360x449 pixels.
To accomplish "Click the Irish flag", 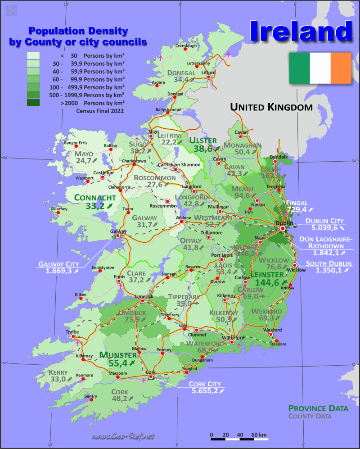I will [x=320, y=68].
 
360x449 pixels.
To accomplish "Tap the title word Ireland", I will [x=301, y=32].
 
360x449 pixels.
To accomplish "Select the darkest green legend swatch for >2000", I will [x=33, y=103].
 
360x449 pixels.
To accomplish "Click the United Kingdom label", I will [x=271, y=107].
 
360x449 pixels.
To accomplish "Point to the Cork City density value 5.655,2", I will [x=204, y=391].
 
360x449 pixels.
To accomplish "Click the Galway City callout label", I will [x=58, y=264].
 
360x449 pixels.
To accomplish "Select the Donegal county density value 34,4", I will [x=181, y=80].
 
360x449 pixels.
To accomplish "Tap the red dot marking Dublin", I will [x=283, y=228].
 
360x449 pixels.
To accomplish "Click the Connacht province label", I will [x=95, y=197].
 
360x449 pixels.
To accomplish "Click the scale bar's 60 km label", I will [x=259, y=435].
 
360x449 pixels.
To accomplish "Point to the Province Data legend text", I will [x=318, y=408].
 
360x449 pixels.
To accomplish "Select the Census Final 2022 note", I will [x=100, y=110].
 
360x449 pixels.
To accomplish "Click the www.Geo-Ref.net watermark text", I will [x=123, y=436].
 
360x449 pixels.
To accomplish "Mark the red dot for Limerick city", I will [x=142, y=301].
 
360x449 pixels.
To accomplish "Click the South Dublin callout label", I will [x=326, y=263].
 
